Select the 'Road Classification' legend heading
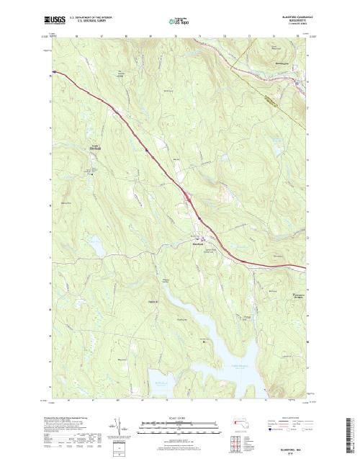tap(291, 416)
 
